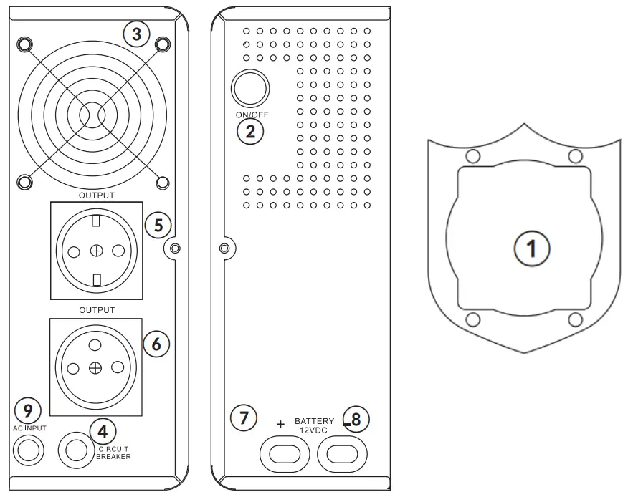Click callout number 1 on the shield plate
click(532, 248)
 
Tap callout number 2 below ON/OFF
click(250, 131)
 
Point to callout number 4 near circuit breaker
click(103, 430)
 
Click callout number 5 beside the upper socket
click(158, 224)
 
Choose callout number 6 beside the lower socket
click(156, 343)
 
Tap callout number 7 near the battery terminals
click(244, 418)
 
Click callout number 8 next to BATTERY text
click(356, 418)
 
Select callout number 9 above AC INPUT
click(27, 410)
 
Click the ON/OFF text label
click(250, 115)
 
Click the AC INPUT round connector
click(29, 450)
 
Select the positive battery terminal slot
click(286, 453)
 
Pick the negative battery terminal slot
click(341, 453)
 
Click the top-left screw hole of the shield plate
click(472, 156)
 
